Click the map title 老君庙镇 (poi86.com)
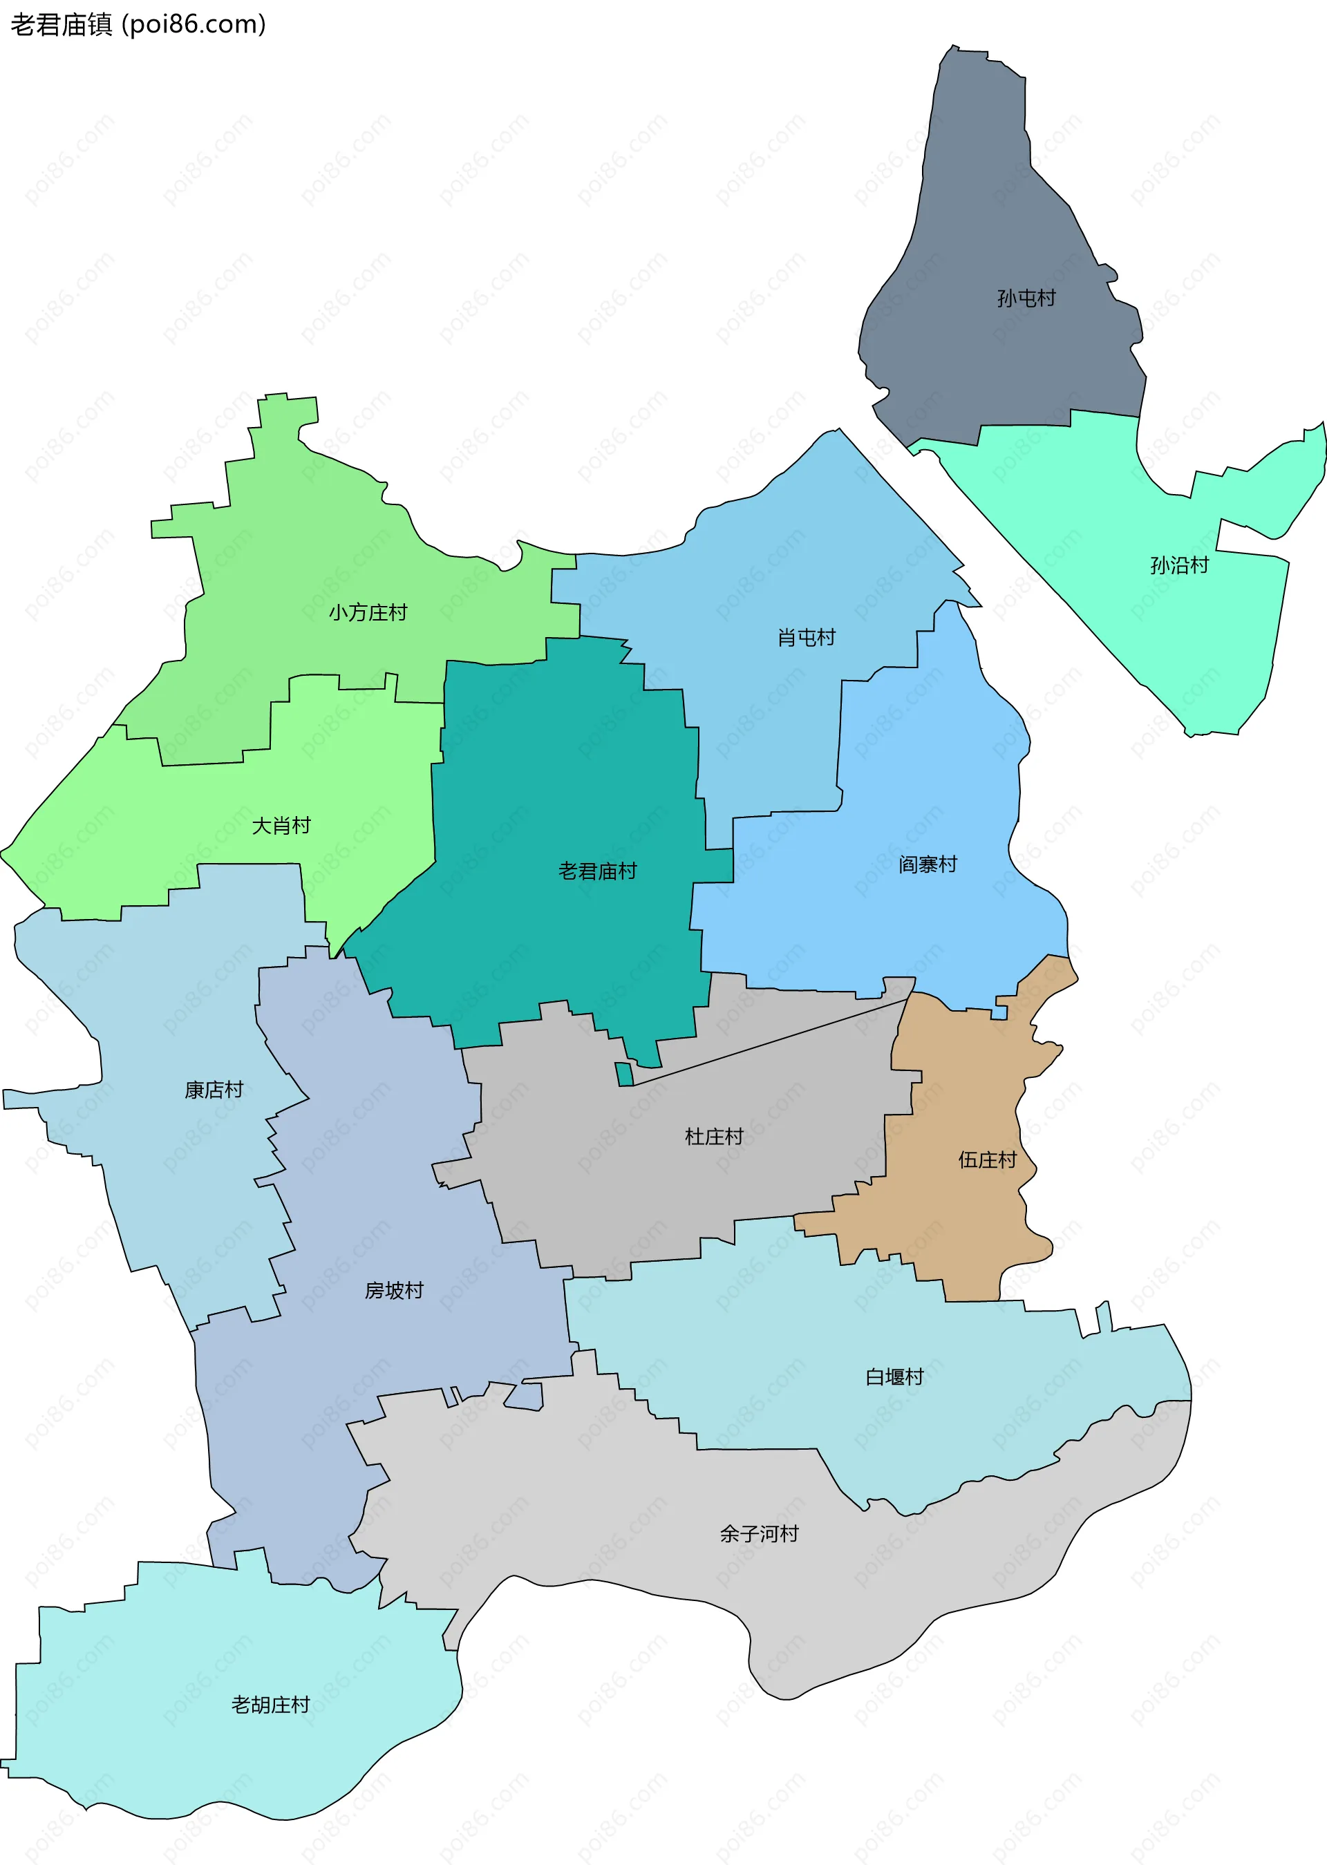point(138,24)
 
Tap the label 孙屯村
point(1026,299)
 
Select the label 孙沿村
point(1178,565)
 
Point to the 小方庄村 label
point(368,613)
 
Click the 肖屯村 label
point(806,637)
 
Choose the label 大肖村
point(281,825)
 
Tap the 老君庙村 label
point(597,871)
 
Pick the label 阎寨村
point(928,864)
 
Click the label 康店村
point(214,1090)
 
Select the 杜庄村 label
point(713,1136)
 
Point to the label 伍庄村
point(987,1160)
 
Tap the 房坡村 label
point(394,1290)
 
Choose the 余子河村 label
point(758,1533)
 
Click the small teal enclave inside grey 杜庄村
point(624,1074)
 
